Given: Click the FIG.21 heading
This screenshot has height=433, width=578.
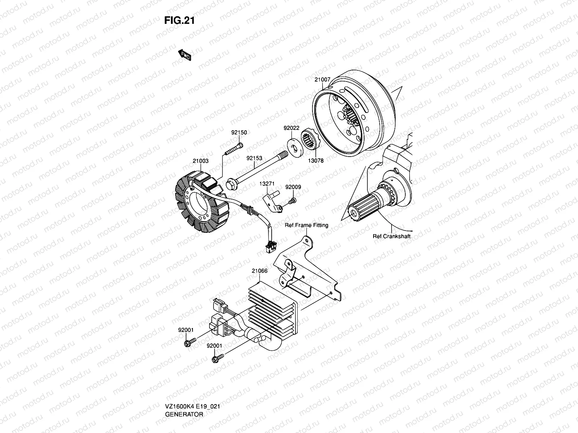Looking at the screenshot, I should (180, 21).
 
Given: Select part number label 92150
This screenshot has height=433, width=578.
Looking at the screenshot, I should (239, 132).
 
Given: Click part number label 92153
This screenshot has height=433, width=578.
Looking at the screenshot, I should (254, 158).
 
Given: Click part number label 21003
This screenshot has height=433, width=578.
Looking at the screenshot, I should (200, 161).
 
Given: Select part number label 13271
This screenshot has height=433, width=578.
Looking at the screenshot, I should (267, 184).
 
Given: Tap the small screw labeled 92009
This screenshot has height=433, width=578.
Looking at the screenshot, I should (292, 200).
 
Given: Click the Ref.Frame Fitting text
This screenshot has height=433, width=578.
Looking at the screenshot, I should (306, 225).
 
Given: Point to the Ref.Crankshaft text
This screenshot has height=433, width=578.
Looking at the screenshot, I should (392, 237).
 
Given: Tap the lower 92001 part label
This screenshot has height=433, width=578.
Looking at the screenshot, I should (214, 346).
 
